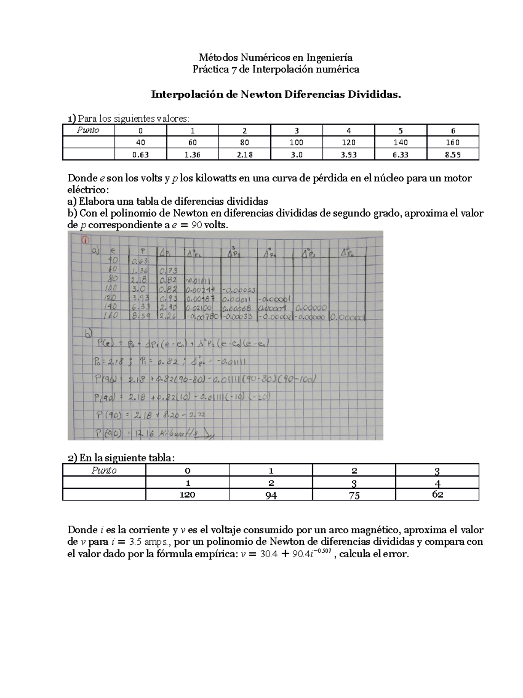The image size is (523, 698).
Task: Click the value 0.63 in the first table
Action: (140, 154)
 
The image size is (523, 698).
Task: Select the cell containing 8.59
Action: (453, 154)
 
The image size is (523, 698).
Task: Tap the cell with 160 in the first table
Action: (453, 142)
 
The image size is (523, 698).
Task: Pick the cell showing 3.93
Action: (349, 154)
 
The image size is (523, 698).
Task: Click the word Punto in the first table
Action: (88, 130)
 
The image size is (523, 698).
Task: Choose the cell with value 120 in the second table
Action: (187, 495)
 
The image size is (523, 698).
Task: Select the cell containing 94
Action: (271, 495)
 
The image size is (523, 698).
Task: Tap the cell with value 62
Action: (437, 495)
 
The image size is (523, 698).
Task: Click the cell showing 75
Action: (354, 495)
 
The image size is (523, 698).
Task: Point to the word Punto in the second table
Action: (104, 470)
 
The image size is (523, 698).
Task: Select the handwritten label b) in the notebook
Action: (89, 334)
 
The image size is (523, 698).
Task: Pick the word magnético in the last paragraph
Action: (377, 530)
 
